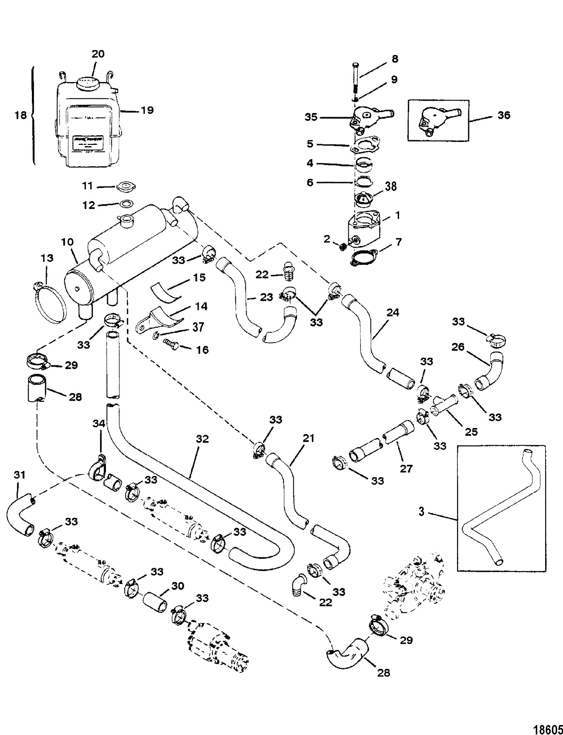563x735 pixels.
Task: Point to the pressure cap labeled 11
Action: click(x=126, y=187)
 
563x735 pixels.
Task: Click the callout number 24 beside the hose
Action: click(x=393, y=313)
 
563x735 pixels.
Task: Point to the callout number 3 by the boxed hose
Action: click(x=422, y=512)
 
